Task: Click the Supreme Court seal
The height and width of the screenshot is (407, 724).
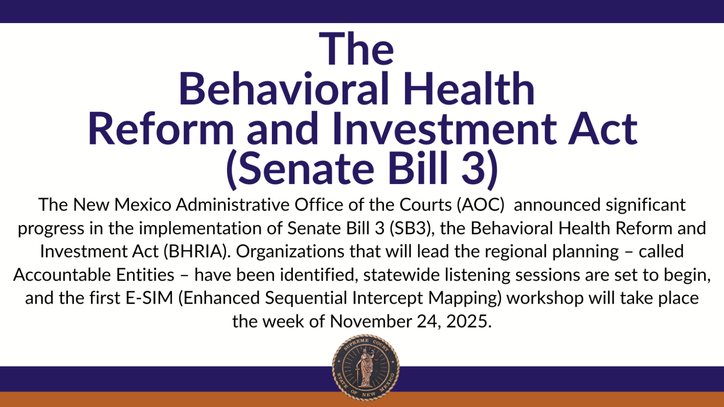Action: coord(366,368)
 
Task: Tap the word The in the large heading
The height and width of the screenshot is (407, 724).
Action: coord(356,48)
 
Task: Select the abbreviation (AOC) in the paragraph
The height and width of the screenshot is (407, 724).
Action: coord(481,205)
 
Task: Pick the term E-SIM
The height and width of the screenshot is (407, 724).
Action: coord(149,298)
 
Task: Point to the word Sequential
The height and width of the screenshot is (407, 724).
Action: coord(306,298)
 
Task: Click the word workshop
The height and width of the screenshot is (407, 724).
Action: coord(545,298)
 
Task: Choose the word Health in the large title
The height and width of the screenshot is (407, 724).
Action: coord(469,89)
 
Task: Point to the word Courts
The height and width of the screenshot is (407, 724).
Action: coord(425,204)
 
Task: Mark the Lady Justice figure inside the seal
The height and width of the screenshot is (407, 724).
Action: coord(366,368)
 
